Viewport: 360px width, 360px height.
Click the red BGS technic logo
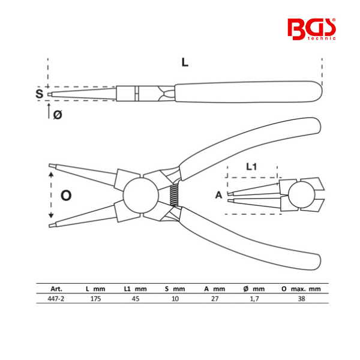coord(311,29)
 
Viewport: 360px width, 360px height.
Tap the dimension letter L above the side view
coord(185,62)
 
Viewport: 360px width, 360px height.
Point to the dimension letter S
coord(39,94)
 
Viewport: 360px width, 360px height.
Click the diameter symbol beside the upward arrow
coord(58,115)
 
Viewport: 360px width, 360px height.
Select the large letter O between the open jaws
coord(66,196)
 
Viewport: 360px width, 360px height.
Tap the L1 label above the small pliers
coord(251,167)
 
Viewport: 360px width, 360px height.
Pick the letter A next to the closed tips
coord(219,195)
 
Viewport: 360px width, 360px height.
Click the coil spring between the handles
coord(174,195)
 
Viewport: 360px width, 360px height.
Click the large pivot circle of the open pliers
coord(141,195)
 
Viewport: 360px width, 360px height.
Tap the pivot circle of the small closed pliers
coord(300,194)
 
